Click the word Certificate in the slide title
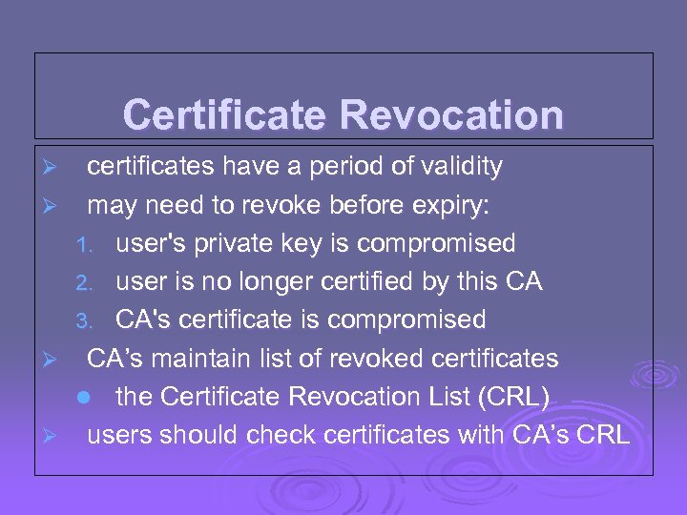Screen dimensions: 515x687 [225, 115]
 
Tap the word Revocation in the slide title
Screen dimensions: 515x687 [450, 115]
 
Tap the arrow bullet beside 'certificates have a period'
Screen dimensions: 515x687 [53, 168]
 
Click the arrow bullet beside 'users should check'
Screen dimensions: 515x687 [53, 436]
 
